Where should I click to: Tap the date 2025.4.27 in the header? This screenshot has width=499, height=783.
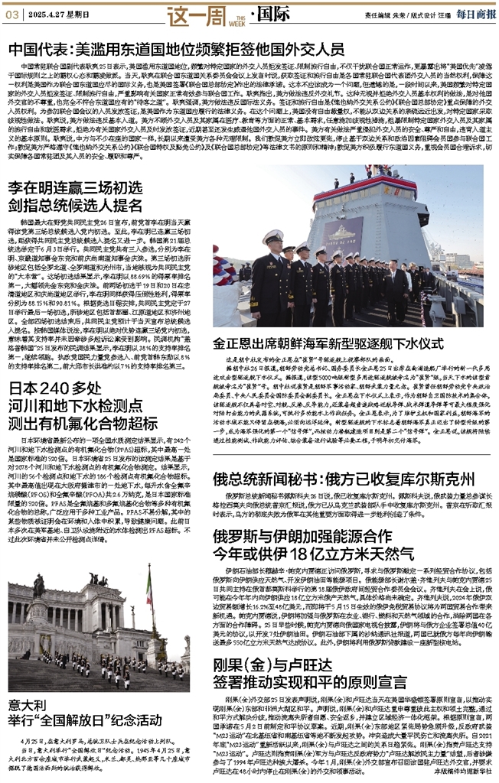[x=45, y=15]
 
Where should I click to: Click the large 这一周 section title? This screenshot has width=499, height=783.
[x=175, y=14]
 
